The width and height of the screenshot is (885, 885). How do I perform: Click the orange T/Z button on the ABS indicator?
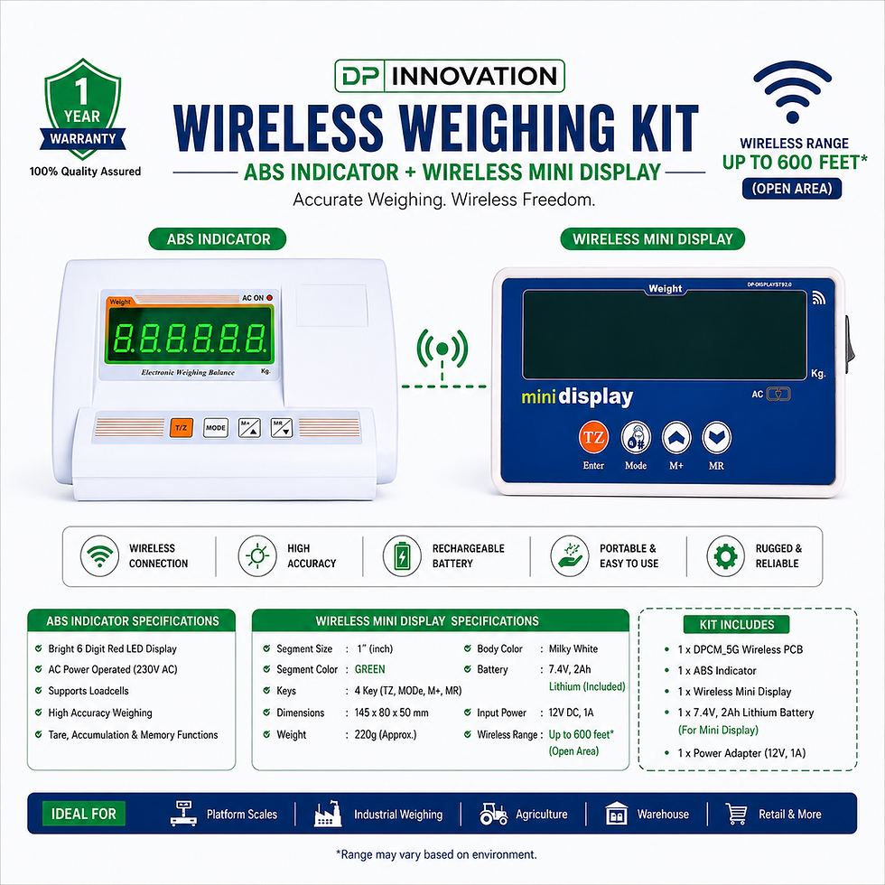[182, 427]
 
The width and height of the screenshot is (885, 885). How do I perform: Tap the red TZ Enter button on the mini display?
[593, 437]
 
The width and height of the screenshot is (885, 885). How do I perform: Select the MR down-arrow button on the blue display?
[716, 437]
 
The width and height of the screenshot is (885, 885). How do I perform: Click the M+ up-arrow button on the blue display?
[676, 437]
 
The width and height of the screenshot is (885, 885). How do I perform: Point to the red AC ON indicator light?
[269, 297]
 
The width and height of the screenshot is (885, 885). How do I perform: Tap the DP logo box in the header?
[360, 76]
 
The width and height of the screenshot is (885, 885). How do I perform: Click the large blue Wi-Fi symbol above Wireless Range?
[793, 92]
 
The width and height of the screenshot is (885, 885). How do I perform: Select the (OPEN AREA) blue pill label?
[792, 189]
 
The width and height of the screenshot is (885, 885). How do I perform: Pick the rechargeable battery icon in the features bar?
[402, 556]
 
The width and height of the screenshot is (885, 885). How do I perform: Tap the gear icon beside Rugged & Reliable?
[725, 556]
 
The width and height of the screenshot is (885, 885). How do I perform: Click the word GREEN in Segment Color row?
[369, 669]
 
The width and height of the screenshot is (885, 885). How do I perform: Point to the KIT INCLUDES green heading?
[737, 625]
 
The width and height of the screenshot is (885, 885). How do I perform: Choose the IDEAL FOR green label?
[83, 814]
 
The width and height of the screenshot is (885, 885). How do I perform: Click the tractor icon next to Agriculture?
[493, 814]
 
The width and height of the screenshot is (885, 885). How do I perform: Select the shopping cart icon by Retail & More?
[737, 814]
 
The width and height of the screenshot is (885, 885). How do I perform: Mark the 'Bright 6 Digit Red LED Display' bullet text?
[112, 649]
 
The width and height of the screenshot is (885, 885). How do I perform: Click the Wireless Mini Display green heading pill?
[652, 239]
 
